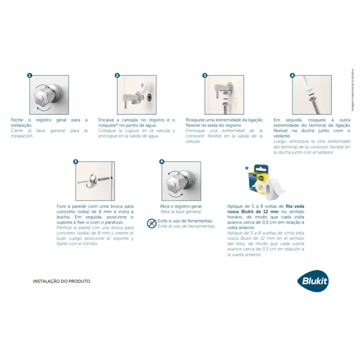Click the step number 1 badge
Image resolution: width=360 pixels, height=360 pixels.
tap(30, 76)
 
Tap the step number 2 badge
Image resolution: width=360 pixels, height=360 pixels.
tap(117, 76)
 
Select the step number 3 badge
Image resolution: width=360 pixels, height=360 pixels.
tap(205, 76)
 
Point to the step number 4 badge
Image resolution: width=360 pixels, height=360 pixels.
tap(292, 76)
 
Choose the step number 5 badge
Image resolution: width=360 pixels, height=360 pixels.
tap(75, 162)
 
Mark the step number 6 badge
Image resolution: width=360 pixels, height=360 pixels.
tap(162, 162)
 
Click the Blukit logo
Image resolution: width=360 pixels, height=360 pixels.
tap(313, 280)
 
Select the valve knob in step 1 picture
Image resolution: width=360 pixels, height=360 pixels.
tap(43, 97)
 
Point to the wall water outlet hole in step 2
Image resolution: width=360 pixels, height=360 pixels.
tap(149, 96)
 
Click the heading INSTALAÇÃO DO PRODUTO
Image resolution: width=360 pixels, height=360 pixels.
tap(62, 281)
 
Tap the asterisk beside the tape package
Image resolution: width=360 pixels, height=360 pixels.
tap(247, 168)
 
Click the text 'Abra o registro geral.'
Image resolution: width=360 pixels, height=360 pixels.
tap(181, 206)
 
